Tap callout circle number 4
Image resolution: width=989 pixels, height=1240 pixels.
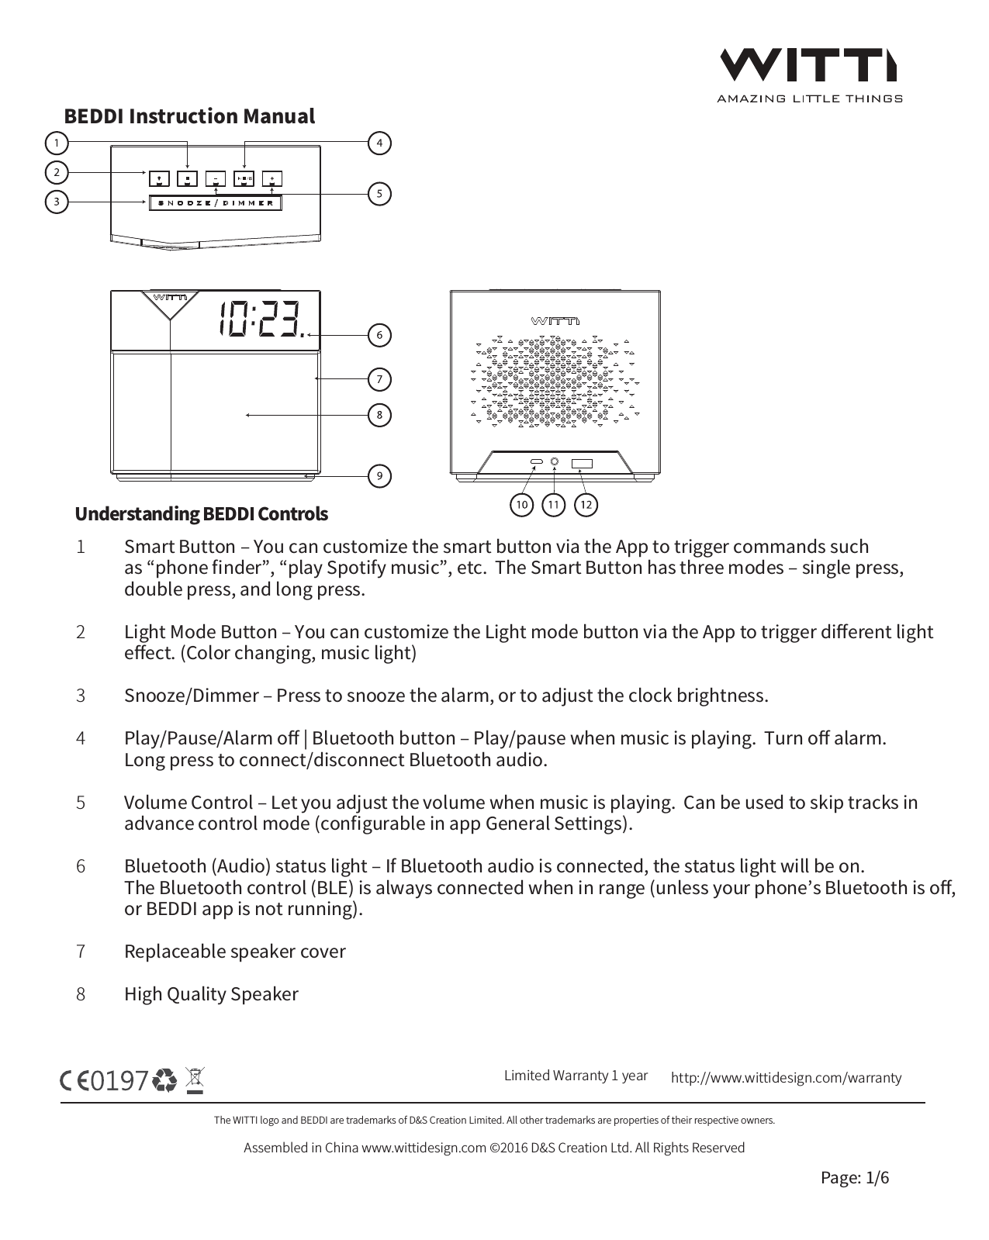point(379,143)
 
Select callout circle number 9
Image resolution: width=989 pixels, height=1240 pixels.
point(379,475)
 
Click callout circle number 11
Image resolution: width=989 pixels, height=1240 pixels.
point(553,505)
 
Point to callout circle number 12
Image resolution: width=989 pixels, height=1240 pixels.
point(586,505)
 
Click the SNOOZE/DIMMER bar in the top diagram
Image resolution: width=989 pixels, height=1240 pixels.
point(215,203)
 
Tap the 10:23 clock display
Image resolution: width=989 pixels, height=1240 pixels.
point(261,318)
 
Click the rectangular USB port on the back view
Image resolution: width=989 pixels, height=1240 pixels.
point(582,463)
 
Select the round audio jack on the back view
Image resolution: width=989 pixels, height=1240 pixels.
point(555,462)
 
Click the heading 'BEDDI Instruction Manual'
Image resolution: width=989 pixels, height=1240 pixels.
point(189,116)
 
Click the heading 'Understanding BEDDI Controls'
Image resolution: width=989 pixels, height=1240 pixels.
point(201,514)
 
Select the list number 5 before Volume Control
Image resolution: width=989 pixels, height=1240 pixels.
point(81,803)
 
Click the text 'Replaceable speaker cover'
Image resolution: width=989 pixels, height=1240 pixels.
point(234,952)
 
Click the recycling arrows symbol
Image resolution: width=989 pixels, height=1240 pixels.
point(165,1080)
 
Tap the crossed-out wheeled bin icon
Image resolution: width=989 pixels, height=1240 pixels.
point(195,1079)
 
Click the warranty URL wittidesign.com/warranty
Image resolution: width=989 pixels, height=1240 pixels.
point(786,1077)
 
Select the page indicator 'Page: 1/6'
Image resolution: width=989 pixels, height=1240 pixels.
point(855,1178)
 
